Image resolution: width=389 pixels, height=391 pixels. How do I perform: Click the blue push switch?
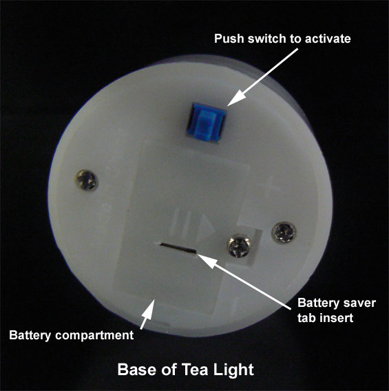pyautogui.click(x=206, y=123)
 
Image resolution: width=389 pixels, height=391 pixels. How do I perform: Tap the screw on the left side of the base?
pyautogui.click(x=87, y=180)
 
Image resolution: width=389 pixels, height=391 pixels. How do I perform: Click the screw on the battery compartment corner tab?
pyautogui.click(x=239, y=246)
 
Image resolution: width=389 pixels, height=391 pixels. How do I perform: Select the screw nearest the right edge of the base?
pyautogui.click(x=284, y=232)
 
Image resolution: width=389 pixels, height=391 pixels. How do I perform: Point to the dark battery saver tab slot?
pyautogui.click(x=178, y=248)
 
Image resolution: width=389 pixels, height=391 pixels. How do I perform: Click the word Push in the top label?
pyautogui.click(x=229, y=39)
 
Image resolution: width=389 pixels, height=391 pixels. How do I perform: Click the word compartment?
pyautogui.click(x=94, y=335)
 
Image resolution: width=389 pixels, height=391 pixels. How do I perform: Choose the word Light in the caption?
pyautogui.click(x=233, y=370)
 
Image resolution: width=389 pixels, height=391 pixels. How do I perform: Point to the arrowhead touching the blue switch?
pyautogui.click(x=235, y=98)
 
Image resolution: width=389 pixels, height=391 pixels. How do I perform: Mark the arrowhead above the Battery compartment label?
pyautogui.click(x=148, y=308)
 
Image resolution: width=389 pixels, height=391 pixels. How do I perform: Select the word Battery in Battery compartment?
pyautogui.click(x=30, y=335)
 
